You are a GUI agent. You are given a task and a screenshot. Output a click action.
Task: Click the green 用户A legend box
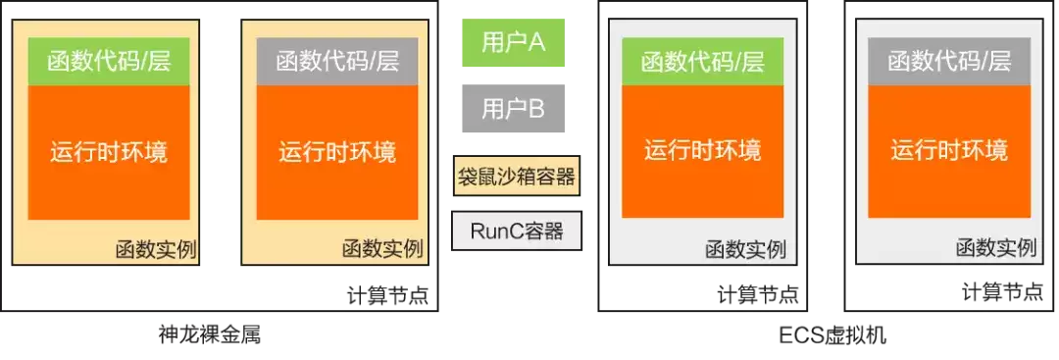point(513,42)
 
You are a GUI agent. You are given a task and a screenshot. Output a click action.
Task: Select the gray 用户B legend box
point(513,108)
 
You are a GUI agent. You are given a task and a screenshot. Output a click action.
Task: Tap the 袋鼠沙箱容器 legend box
point(516,177)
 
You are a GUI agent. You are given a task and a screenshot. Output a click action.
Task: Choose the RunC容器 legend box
point(516,231)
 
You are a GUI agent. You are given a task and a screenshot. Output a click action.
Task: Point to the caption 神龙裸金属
point(210,334)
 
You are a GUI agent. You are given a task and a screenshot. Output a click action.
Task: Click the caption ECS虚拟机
point(832,335)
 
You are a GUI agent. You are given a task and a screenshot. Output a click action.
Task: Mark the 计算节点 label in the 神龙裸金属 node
point(387,296)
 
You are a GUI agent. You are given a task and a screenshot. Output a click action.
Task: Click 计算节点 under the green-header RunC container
point(758,294)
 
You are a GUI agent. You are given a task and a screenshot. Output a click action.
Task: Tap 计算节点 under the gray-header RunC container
point(1003,293)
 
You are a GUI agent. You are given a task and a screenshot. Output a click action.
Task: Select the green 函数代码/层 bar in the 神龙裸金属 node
point(109,62)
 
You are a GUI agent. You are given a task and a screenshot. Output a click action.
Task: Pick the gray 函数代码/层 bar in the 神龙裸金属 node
point(337,62)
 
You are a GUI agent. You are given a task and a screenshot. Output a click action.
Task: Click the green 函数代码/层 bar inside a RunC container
point(702,62)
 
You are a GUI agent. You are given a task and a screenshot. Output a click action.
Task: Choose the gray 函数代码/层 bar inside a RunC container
point(949,62)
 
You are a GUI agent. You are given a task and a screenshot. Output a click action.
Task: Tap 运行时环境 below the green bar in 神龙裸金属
point(109,151)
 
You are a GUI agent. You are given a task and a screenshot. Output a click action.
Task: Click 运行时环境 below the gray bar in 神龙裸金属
point(337,151)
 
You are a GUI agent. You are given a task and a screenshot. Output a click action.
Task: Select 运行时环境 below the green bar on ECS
point(702,150)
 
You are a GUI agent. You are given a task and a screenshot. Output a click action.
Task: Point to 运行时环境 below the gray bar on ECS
point(949,150)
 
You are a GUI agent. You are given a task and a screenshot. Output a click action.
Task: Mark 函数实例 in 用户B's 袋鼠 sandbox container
point(383,249)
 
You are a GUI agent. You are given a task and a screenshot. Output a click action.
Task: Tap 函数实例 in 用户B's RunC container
point(996,248)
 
